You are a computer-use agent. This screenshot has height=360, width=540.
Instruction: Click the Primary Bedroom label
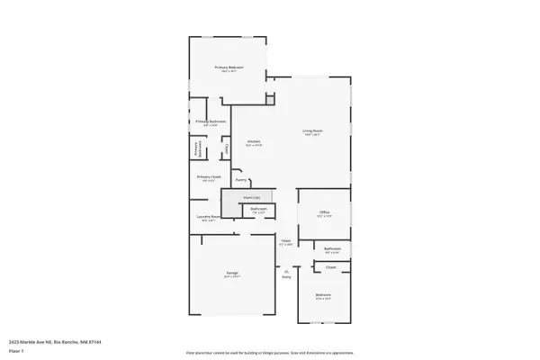[229, 68]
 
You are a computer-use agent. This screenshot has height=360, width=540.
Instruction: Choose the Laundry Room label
[208, 216]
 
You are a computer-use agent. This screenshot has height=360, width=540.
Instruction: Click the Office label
[324, 212]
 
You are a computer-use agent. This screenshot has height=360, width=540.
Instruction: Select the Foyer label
[285, 241]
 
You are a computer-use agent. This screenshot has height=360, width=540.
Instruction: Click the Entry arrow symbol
[286, 271]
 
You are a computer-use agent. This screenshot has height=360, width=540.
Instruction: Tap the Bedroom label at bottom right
[322, 295]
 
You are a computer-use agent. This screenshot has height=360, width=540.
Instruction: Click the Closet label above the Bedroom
[330, 267]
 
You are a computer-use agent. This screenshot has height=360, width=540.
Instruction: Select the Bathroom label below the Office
[331, 248]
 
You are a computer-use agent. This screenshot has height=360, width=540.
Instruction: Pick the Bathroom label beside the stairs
[258, 210]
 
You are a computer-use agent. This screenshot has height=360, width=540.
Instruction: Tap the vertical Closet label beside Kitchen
[227, 149]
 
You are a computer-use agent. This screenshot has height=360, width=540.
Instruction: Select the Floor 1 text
[17, 352]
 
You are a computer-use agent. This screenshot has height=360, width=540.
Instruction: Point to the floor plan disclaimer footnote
[269, 352]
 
